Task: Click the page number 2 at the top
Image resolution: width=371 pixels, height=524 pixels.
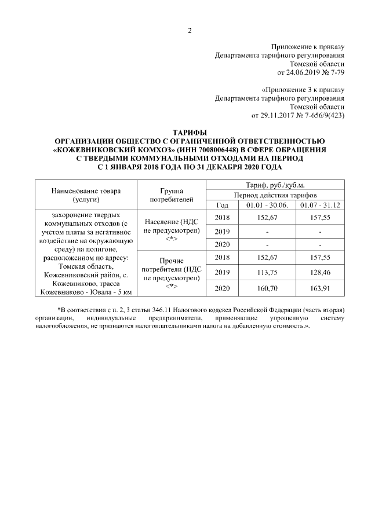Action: coord(189,31)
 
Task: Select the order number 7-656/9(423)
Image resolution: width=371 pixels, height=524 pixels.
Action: coord(322,116)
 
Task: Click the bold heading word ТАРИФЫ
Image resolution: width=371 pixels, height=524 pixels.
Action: coord(189,133)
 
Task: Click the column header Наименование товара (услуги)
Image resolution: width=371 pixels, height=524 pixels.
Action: coord(85,195)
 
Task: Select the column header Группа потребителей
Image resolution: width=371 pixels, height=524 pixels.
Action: coord(171,195)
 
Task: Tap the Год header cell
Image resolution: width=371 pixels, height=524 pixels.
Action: coord(222,205)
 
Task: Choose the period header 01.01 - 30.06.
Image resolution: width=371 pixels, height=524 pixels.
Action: coord(267,205)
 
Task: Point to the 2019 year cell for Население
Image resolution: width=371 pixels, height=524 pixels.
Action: coord(222,231)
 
